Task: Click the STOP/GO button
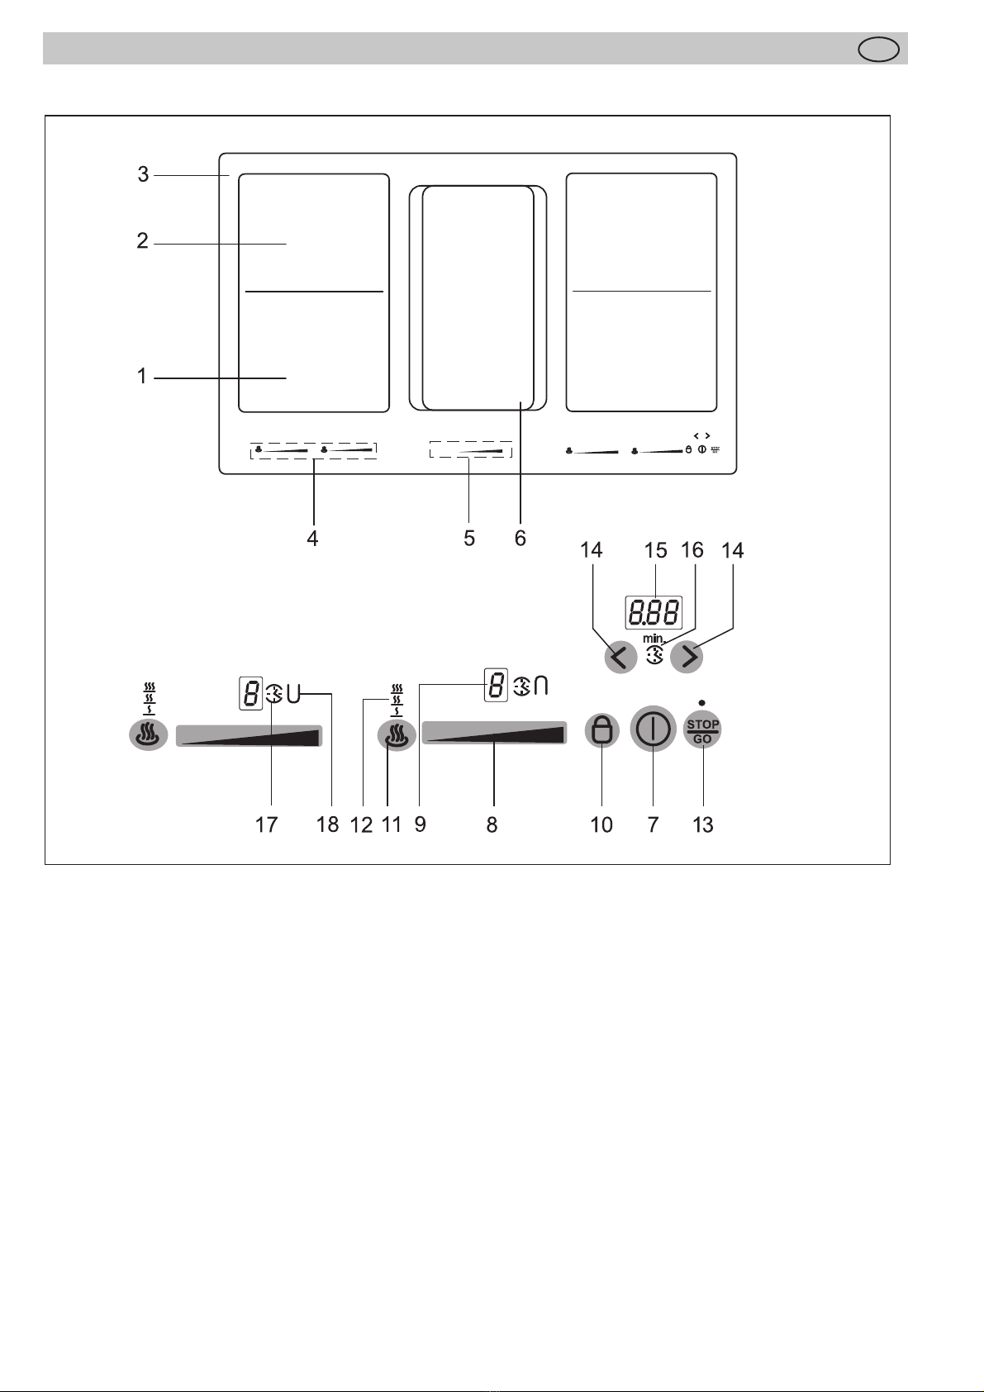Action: [702, 731]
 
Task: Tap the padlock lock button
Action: [601, 730]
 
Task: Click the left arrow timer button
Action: [621, 657]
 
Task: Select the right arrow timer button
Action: [687, 657]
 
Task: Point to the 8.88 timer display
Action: [654, 613]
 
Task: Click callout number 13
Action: [703, 824]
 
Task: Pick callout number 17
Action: [266, 824]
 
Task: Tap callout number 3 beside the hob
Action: [143, 174]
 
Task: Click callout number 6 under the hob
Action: [521, 538]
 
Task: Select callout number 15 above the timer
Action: [655, 550]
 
